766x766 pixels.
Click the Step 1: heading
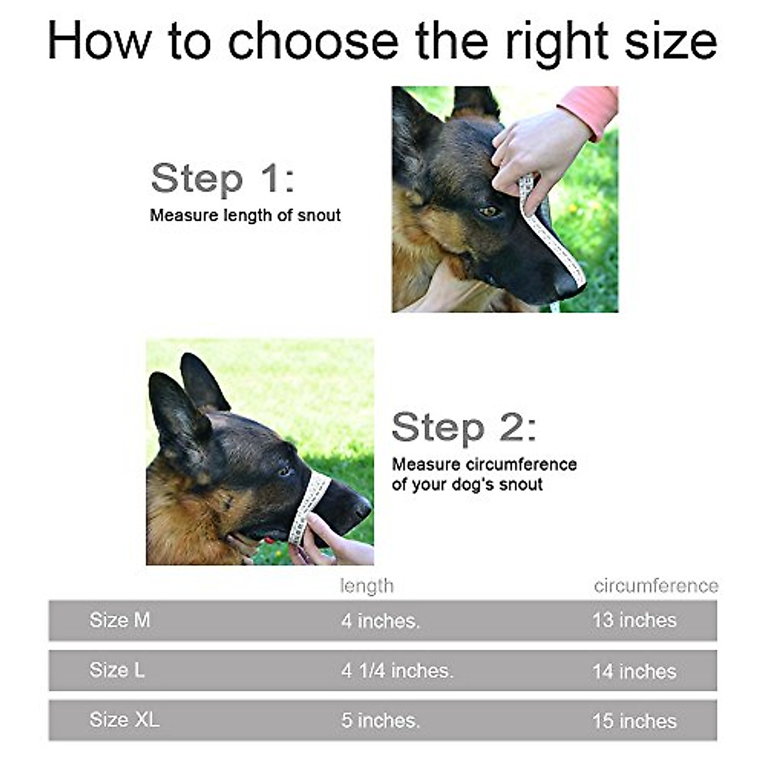(223, 178)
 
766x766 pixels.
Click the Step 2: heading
(463, 428)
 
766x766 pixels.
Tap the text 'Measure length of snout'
(245, 216)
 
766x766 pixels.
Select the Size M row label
(120, 620)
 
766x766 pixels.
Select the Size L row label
(117, 670)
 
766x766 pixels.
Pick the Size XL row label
(124, 720)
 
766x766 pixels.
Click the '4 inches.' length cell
(380, 620)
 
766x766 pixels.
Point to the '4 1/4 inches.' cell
(397, 671)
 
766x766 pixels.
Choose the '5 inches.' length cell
(380, 721)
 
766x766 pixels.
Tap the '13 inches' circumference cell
(634, 620)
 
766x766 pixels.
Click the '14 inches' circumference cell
(634, 671)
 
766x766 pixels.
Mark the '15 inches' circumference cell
(634, 721)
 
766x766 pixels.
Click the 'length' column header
(366, 586)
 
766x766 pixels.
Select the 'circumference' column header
(656, 586)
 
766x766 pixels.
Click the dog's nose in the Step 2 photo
(363, 509)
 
